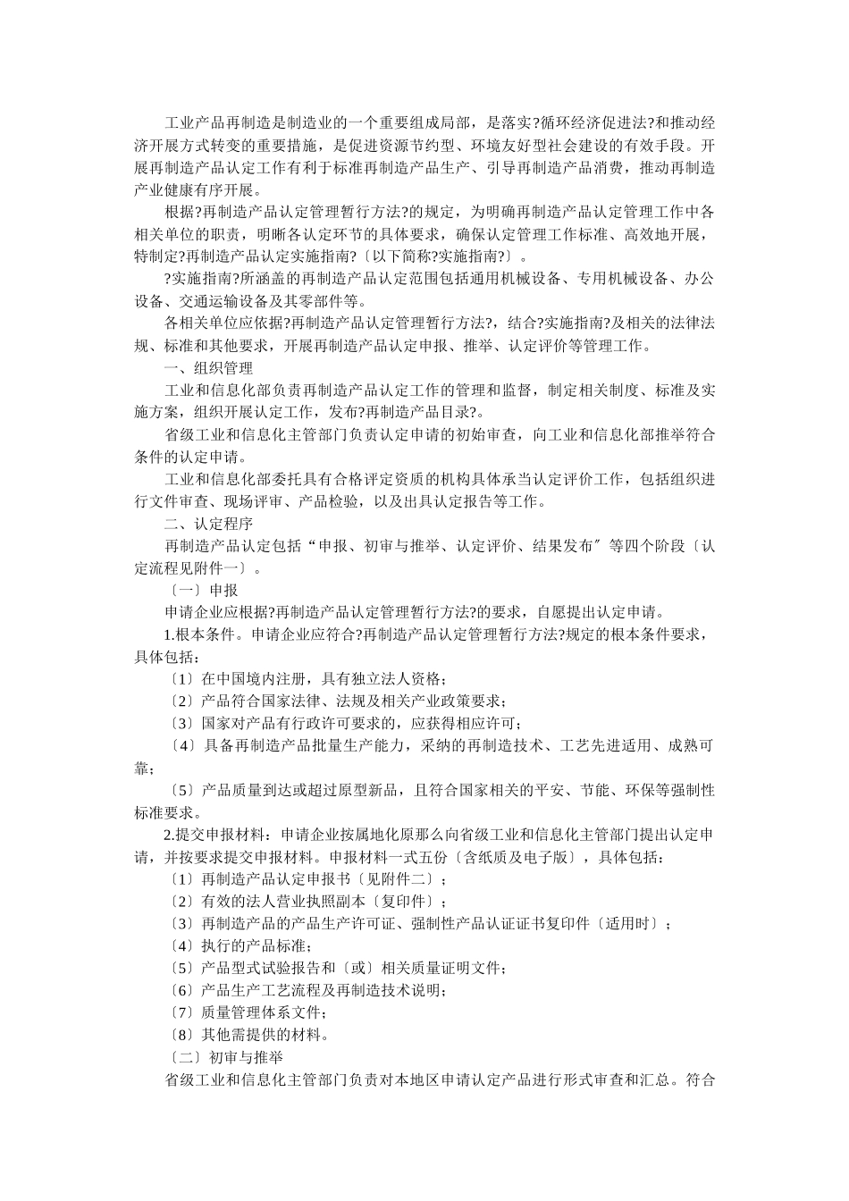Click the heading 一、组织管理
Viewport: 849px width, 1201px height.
click(208, 367)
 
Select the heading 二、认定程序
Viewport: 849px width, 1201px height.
click(208, 524)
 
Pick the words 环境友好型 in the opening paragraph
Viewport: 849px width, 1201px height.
click(519, 145)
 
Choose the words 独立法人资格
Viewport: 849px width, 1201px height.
click(397, 679)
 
